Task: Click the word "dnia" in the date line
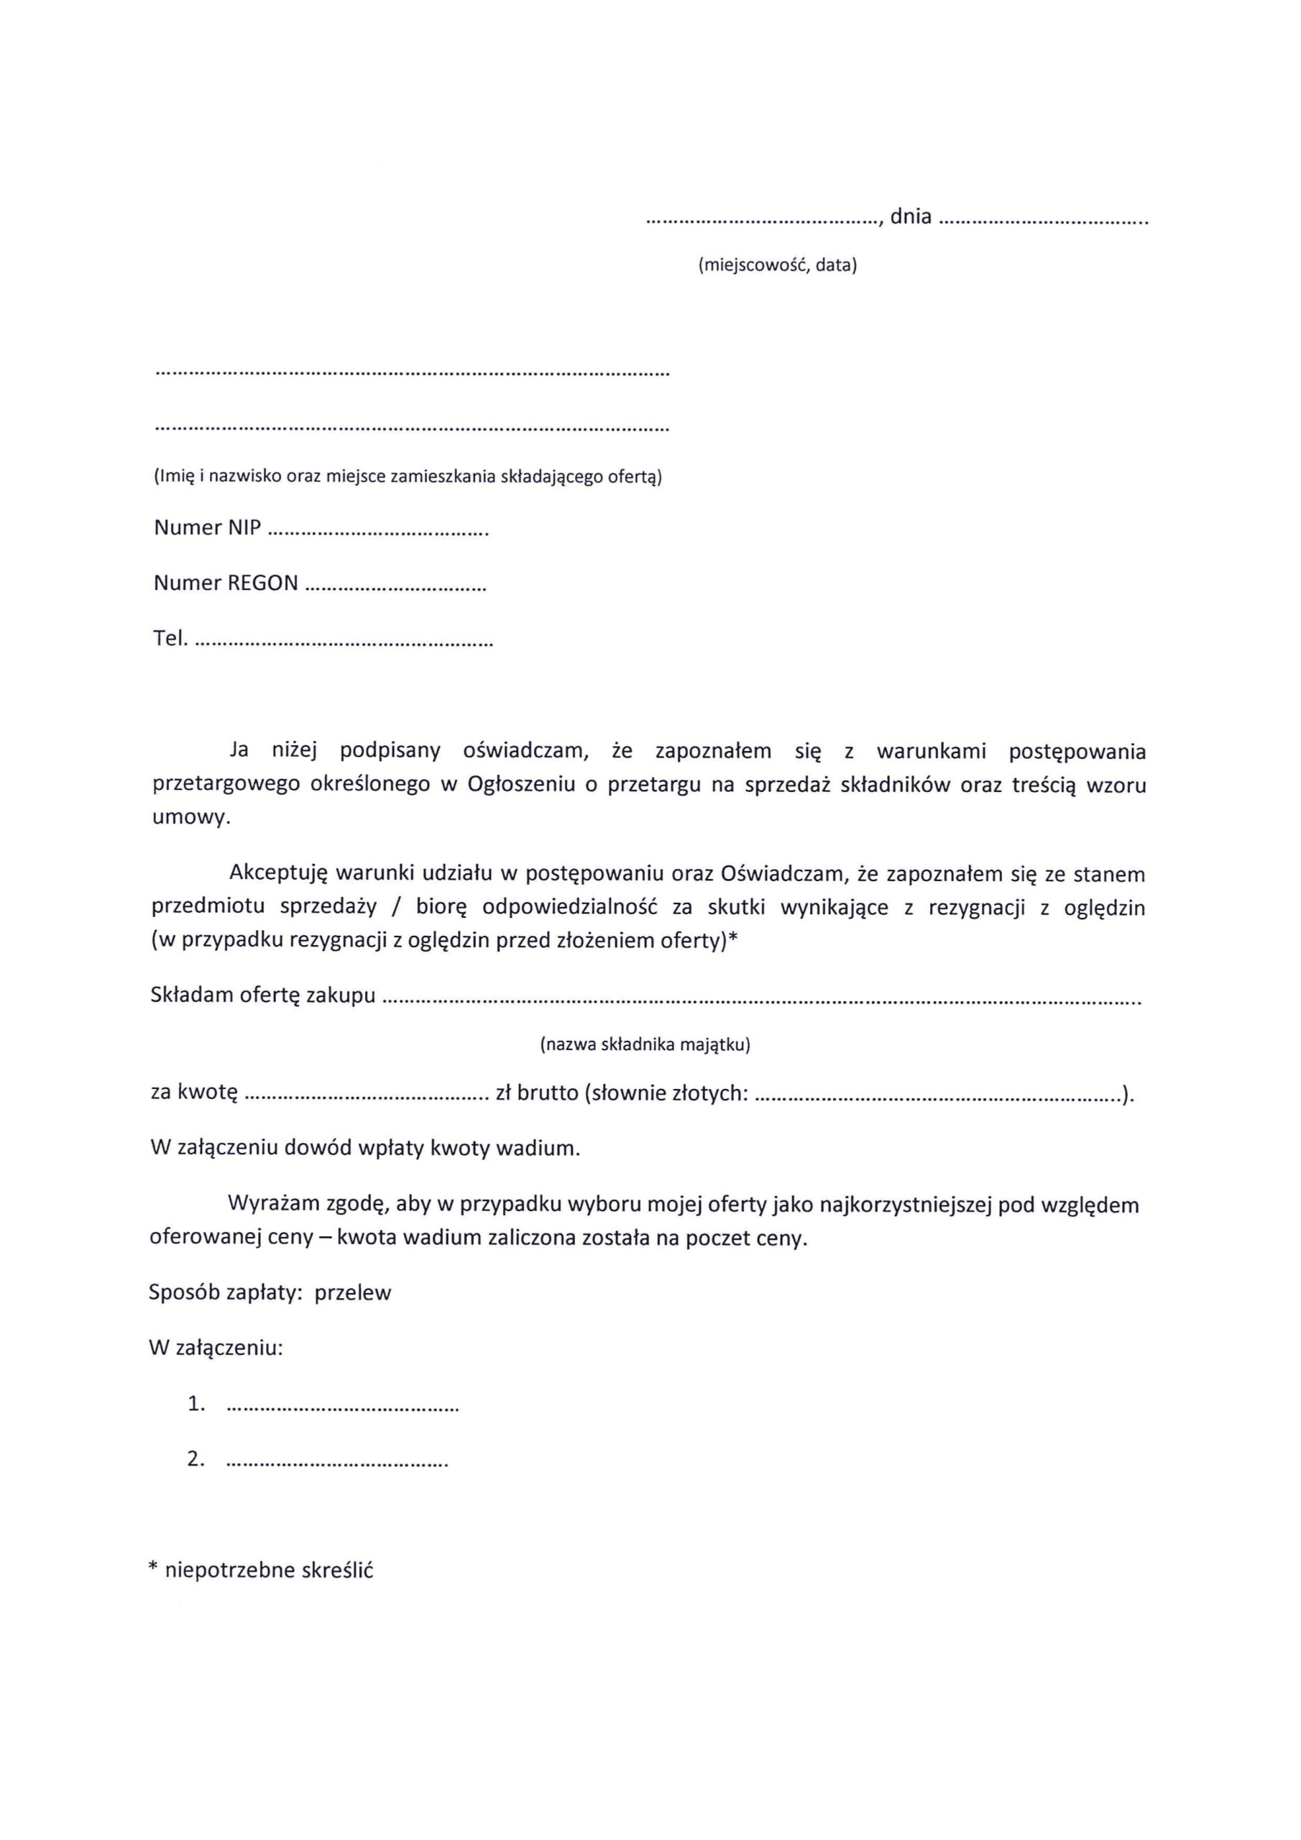[910, 216]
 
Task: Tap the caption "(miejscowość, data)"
[777, 265]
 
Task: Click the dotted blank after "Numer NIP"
[377, 532]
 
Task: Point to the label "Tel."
[170, 639]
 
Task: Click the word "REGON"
[262, 584]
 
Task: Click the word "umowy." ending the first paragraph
[190, 819]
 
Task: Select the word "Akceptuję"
[278, 873]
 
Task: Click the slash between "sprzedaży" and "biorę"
[396, 908]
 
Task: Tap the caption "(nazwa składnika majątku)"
[645, 1045]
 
